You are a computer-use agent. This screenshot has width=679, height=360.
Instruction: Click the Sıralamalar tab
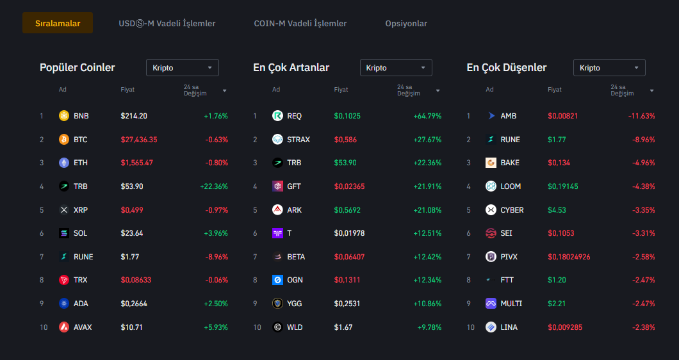tap(58, 24)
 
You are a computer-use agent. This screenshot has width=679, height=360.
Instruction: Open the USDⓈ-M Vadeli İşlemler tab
tap(167, 24)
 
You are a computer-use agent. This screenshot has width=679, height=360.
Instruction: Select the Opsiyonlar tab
tap(406, 24)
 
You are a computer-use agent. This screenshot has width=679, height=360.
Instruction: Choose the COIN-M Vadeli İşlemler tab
tap(300, 24)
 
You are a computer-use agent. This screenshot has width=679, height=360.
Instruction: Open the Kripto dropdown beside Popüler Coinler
tap(183, 68)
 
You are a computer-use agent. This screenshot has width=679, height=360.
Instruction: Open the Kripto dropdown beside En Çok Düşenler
tap(609, 68)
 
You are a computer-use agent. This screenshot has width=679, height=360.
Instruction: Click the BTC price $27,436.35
tap(139, 140)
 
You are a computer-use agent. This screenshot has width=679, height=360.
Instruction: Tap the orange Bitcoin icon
tap(63, 140)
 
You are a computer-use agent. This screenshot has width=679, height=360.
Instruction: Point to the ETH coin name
tap(81, 163)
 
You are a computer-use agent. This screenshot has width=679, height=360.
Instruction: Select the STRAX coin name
tap(298, 140)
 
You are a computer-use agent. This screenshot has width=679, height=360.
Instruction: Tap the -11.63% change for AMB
tap(641, 116)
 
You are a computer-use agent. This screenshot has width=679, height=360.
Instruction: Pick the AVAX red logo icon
tap(63, 327)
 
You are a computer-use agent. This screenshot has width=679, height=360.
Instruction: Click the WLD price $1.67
tap(343, 327)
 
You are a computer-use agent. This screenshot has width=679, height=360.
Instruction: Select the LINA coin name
tap(509, 327)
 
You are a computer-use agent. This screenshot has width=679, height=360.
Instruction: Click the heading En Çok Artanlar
tap(291, 68)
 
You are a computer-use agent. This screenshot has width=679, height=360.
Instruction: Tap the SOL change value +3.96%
tap(215, 233)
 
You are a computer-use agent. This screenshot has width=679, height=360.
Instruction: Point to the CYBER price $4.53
tap(556, 210)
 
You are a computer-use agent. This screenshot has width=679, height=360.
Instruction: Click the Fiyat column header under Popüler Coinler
tap(127, 90)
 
